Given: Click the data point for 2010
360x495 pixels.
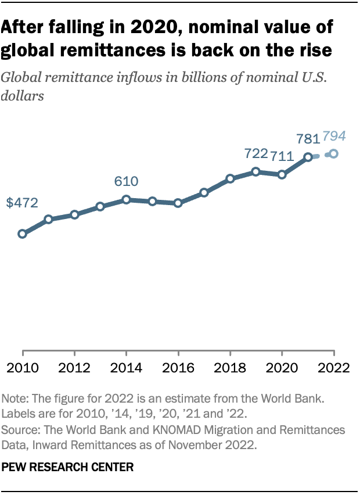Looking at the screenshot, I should pyautogui.click(x=23, y=234).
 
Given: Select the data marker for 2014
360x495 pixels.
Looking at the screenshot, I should pyautogui.click(x=126, y=200).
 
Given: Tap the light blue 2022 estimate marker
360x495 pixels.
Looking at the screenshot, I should pyautogui.click(x=333, y=154).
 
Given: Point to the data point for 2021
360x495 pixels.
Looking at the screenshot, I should pyautogui.click(x=308, y=157).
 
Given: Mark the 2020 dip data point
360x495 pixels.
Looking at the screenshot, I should pyautogui.click(x=282, y=174).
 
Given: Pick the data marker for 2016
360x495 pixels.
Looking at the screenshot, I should pyautogui.click(x=178, y=203).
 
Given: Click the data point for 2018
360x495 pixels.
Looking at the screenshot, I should pyautogui.click(x=231, y=178).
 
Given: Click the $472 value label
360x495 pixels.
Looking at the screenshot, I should pyautogui.click(x=22, y=203).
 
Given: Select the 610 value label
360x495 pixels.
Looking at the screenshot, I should pyautogui.click(x=126, y=181).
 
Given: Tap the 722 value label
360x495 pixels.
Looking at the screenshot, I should pyautogui.click(x=255, y=154).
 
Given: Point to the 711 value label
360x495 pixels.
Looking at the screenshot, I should pyautogui.click(x=282, y=156).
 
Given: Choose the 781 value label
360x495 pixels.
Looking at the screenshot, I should pyautogui.click(x=308, y=138).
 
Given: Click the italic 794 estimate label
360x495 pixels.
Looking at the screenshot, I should pyautogui.click(x=334, y=137).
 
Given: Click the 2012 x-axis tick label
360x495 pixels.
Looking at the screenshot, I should pyautogui.click(x=74, y=368).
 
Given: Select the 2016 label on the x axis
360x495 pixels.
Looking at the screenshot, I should pyautogui.click(x=178, y=368).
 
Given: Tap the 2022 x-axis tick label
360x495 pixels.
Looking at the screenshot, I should pyautogui.click(x=334, y=368).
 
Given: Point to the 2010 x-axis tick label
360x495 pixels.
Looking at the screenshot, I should pyautogui.click(x=23, y=368).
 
